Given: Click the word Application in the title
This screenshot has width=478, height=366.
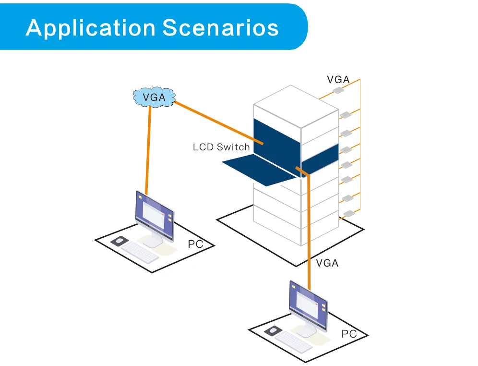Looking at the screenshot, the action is click(x=91, y=28).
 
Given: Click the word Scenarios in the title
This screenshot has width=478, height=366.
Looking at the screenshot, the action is click(x=220, y=27).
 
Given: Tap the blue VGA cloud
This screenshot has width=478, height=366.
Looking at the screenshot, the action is click(x=154, y=97).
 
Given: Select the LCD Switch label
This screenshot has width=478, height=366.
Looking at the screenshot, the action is click(x=221, y=147).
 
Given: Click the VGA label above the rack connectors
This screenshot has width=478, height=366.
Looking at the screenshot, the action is click(x=338, y=80).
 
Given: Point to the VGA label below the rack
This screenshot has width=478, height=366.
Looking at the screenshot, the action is click(x=327, y=263).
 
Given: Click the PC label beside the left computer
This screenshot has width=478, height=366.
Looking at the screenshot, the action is click(x=195, y=244).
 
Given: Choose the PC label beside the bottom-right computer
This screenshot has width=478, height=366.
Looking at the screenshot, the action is click(x=349, y=334).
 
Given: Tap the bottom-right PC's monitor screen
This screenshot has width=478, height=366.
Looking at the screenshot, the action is click(x=308, y=305).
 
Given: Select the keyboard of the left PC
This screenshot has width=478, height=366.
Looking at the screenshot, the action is click(x=140, y=253).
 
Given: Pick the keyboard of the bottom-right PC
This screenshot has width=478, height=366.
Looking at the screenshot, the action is click(x=294, y=342).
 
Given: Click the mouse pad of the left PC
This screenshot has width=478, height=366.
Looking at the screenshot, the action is click(x=119, y=241).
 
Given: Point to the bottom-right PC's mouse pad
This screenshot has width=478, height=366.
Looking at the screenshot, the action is click(x=273, y=331).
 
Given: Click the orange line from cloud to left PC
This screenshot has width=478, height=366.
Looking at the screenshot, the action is click(x=148, y=151).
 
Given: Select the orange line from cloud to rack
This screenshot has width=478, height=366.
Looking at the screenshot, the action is click(x=218, y=122).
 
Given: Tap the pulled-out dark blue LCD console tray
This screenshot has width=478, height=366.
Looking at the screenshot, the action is click(x=260, y=170).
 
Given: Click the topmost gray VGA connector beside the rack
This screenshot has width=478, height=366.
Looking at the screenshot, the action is click(x=338, y=90).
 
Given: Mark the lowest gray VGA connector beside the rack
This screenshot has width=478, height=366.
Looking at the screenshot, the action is click(x=349, y=213).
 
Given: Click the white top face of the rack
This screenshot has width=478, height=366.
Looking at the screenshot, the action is click(x=296, y=106).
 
